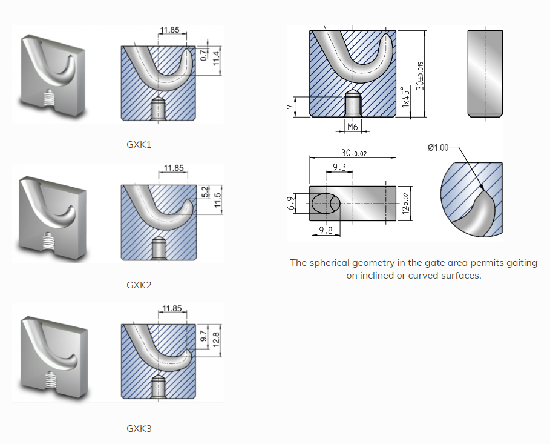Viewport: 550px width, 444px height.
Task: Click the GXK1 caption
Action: point(139,145)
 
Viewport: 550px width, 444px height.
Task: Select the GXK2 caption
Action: point(139,285)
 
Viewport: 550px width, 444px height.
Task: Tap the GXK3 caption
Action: point(139,429)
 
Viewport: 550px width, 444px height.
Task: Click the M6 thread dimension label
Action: point(352,127)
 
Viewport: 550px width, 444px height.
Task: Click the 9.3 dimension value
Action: point(339,167)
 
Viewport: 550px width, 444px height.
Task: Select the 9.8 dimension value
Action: point(326,230)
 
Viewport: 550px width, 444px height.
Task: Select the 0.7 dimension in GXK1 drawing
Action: point(203,56)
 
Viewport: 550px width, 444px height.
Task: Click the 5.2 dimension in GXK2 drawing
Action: point(205,193)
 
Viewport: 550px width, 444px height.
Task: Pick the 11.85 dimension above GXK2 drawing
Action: point(174,168)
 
